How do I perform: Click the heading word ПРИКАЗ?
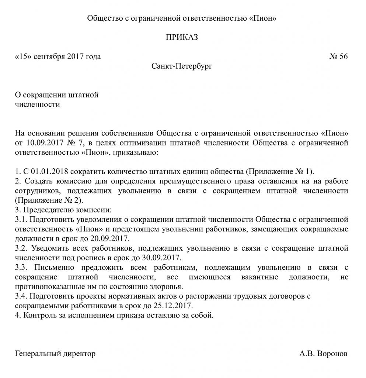[x=182, y=37]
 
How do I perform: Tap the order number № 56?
[x=338, y=56]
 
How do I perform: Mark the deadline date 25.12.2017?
[x=172, y=306]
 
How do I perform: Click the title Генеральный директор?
[x=55, y=354]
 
